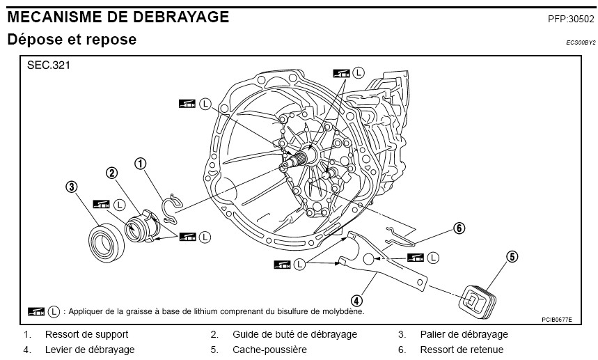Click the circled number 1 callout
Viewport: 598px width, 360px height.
141,164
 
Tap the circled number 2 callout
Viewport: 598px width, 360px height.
111,173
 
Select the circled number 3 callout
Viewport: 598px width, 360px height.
71,187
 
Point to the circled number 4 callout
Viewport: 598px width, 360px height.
356,301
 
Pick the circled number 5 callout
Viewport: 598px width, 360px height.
512,257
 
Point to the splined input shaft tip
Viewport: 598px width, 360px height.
298,162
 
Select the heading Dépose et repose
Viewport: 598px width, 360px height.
72,40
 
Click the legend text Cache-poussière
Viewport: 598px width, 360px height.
269,350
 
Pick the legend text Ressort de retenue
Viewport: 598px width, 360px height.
462,350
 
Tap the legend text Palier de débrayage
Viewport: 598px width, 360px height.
464,334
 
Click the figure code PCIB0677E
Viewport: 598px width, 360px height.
556,320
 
